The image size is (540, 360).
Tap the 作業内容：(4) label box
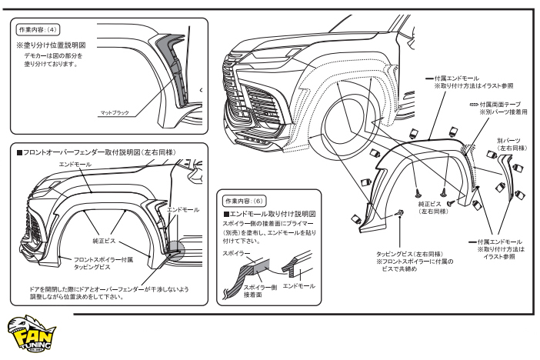(33, 30)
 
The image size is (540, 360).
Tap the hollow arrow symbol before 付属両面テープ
(472, 103)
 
